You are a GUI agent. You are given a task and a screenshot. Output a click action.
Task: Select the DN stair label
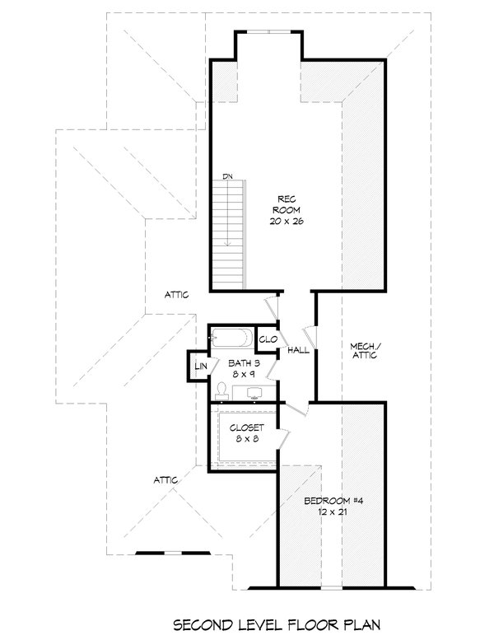(228, 176)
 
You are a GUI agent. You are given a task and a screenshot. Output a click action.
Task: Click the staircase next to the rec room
(228, 236)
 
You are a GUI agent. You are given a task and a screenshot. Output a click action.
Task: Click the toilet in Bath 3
(221, 389)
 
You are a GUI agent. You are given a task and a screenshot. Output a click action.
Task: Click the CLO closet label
(268, 339)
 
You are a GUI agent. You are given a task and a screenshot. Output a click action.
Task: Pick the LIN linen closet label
(200, 366)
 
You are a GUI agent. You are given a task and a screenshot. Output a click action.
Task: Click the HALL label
(299, 352)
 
